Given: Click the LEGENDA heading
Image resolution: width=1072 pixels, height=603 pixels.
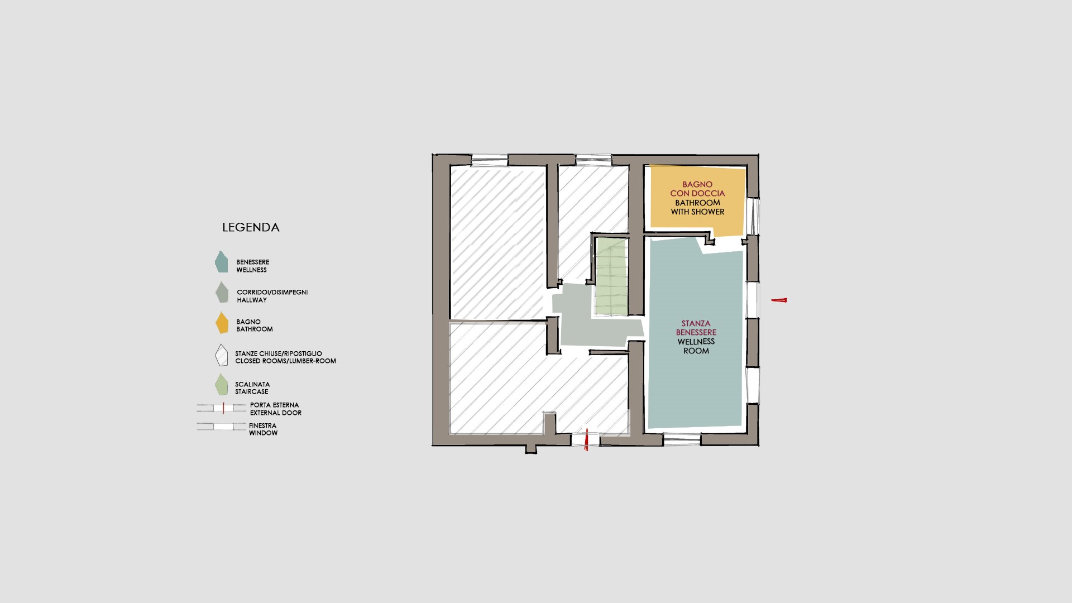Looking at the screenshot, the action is pyautogui.click(x=251, y=227).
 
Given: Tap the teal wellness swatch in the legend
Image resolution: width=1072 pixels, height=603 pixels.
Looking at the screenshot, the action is pyautogui.click(x=221, y=262).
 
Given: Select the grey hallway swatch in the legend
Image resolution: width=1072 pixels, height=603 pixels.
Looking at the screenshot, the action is pyautogui.click(x=222, y=293).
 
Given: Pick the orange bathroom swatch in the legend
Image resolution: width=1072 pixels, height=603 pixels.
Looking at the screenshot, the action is pyautogui.click(x=222, y=323).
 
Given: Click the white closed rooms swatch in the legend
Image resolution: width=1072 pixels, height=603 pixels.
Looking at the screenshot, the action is pyautogui.click(x=222, y=355).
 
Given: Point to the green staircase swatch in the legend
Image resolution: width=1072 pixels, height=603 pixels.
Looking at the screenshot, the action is pyautogui.click(x=222, y=385).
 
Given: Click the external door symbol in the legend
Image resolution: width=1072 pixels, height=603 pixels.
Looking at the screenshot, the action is pyautogui.click(x=222, y=408).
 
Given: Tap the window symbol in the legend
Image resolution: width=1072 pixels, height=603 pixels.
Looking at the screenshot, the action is pyautogui.click(x=222, y=427).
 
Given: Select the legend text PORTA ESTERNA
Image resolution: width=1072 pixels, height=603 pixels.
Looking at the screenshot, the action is pyautogui.click(x=274, y=405).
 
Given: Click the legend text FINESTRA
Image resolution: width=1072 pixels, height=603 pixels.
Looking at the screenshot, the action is pyautogui.click(x=262, y=426).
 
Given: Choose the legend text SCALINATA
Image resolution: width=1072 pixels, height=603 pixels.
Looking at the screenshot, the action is pyautogui.click(x=252, y=384).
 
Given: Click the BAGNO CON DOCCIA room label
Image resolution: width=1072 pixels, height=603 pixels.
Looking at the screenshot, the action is pyautogui.click(x=697, y=189).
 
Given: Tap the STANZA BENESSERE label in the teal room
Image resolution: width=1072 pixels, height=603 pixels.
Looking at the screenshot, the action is pyautogui.click(x=696, y=328).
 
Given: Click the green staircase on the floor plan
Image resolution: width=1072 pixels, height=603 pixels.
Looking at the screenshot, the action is pyautogui.click(x=611, y=276).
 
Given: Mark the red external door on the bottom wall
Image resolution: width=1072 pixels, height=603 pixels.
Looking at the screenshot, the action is pyautogui.click(x=586, y=441).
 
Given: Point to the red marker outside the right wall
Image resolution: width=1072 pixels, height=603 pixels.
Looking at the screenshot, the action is pyautogui.click(x=779, y=300).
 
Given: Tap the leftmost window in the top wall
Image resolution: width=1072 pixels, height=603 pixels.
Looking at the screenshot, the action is pyautogui.click(x=490, y=160).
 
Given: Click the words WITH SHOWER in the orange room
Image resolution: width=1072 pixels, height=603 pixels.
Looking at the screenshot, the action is pyautogui.click(x=697, y=212).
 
